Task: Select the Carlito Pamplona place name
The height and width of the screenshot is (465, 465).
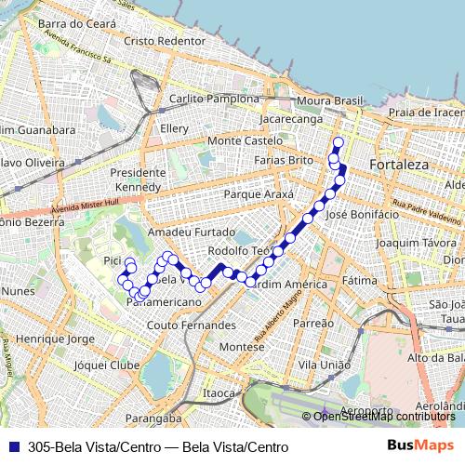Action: tap(214, 99)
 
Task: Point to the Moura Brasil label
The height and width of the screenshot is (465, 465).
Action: tap(326, 100)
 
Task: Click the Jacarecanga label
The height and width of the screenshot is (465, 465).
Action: tap(291, 120)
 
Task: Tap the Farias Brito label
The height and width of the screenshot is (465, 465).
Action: tap(285, 160)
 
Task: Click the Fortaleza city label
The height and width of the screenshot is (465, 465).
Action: tap(398, 165)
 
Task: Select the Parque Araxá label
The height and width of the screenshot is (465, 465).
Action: tap(259, 194)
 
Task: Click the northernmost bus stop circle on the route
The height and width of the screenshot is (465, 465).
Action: tap(338, 142)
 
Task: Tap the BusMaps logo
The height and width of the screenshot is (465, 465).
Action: tap(420, 445)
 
